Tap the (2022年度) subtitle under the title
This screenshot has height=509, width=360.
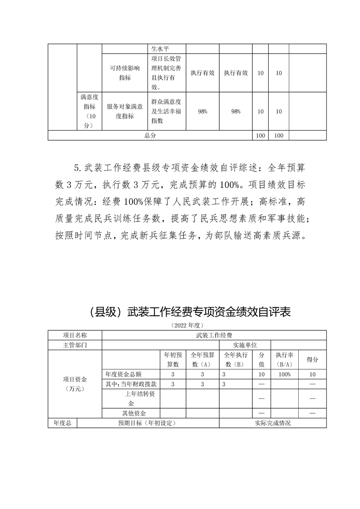pyautogui.click(x=187, y=325)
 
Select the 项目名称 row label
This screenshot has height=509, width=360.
pyautogui.click(x=75, y=335)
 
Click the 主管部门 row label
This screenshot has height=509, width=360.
pyautogui.click(x=75, y=345)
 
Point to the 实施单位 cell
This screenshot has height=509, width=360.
pyautogui.click(x=245, y=345)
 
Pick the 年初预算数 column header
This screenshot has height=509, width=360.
pyautogui.click(x=173, y=359)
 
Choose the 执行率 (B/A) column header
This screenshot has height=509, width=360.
pyautogui.click(x=284, y=359)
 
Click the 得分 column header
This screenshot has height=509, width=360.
pyautogui.click(x=312, y=359)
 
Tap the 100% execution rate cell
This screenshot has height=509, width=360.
pyautogui.click(x=284, y=374)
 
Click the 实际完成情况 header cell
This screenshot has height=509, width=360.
pyautogui.click(x=272, y=423)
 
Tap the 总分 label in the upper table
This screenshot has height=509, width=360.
pyautogui.click(x=150, y=136)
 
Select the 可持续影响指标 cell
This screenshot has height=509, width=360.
pyautogui.click(x=124, y=73)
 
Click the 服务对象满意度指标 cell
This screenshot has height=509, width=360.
pyautogui.click(x=124, y=111)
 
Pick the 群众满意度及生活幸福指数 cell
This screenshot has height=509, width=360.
pyautogui.click(x=166, y=111)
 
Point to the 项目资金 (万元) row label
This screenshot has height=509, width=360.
pyautogui.click(x=75, y=383)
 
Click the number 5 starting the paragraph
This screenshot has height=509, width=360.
pyautogui.click(x=76, y=168)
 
